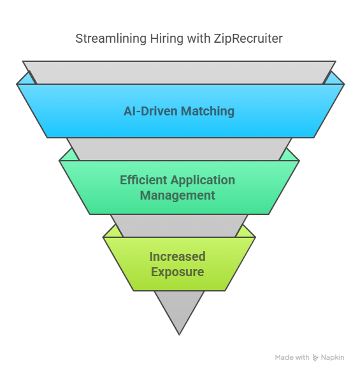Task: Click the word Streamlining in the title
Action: pyautogui.click(x=111, y=39)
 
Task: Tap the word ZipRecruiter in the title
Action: pyautogui.click(x=248, y=39)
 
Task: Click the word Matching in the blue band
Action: pyautogui.click(x=208, y=112)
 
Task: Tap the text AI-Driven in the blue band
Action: pyautogui.click(x=151, y=111)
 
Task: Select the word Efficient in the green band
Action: pyautogui.click(x=143, y=180)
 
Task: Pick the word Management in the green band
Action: pyautogui.click(x=178, y=196)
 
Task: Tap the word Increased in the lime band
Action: pyautogui.click(x=178, y=256)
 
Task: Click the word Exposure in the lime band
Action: pyautogui.click(x=178, y=272)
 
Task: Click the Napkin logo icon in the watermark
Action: pyautogui.click(x=315, y=358)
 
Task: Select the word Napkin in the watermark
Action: pyautogui.click(x=333, y=358)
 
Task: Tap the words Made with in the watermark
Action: pyautogui.click(x=292, y=357)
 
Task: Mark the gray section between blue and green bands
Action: pyautogui.click(x=179, y=149)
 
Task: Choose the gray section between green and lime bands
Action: pyautogui.click(x=179, y=226)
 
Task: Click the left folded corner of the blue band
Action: pyautogui.click(x=27, y=79)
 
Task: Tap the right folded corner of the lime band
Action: pyautogui.click(x=246, y=232)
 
